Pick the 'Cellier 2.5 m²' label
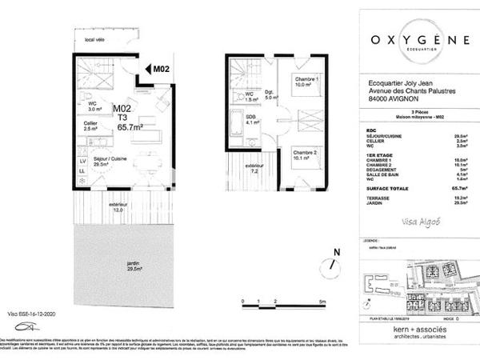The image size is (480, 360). point(91,126)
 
